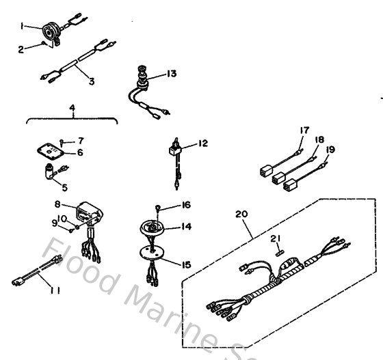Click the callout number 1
pos(23,25)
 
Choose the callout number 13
pos(172,73)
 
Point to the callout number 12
pos(202,143)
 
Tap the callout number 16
pos(185,204)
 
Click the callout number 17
pos(304,130)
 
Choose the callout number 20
pos(239,214)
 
